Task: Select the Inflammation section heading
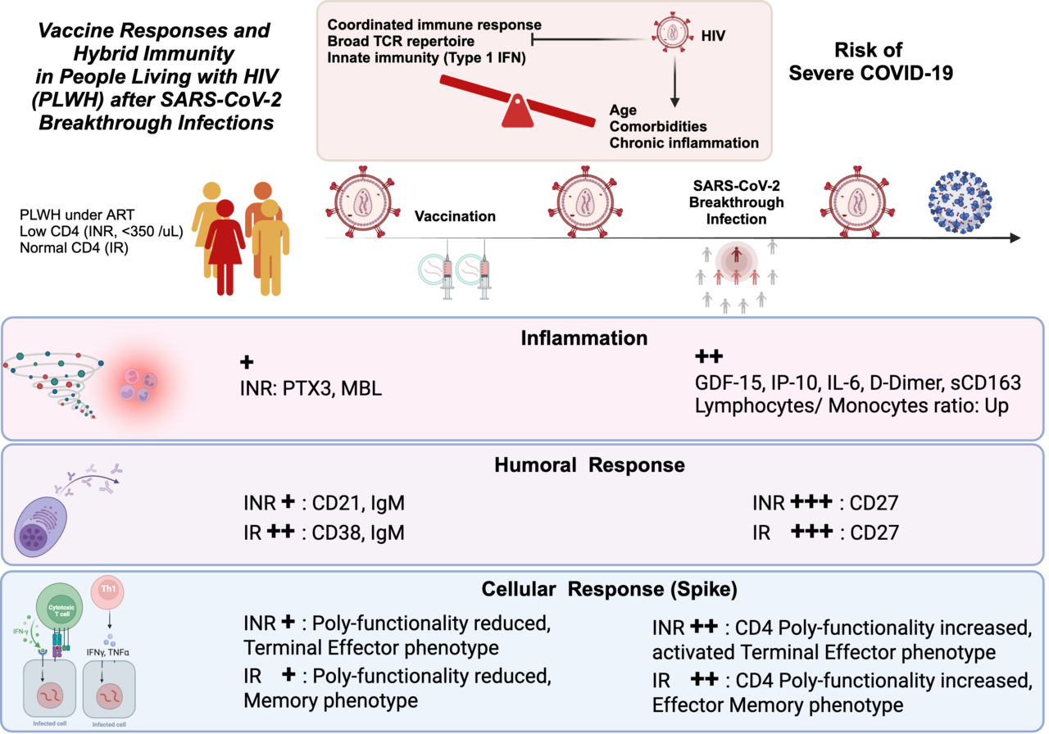pyautogui.click(x=584, y=338)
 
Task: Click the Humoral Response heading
pyautogui.click(x=589, y=464)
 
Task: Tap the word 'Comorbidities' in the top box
pyautogui.click(x=658, y=126)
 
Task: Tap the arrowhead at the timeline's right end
pyautogui.click(x=1016, y=238)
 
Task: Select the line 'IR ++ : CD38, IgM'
pyautogui.click(x=324, y=532)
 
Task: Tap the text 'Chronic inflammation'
pyautogui.click(x=683, y=143)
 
